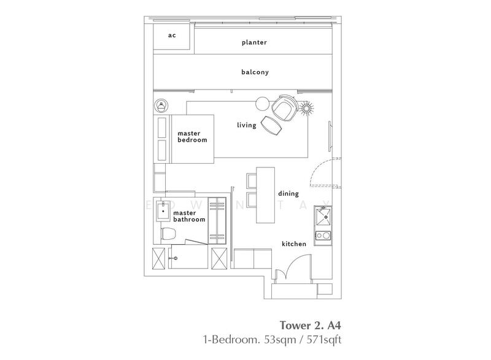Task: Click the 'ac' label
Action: pyautogui.click(x=172, y=36)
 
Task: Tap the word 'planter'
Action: pyautogui.click(x=254, y=42)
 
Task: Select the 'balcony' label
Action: pyautogui.click(x=255, y=72)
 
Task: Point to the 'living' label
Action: pyautogui.click(x=247, y=125)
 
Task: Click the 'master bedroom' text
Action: pyautogui.click(x=192, y=137)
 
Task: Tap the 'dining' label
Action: pyautogui.click(x=288, y=194)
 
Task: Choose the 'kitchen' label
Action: pyautogui.click(x=294, y=243)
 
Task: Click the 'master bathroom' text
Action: pyautogui.click(x=189, y=216)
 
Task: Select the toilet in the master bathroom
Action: pyautogui.click(x=168, y=234)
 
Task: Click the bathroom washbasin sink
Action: pyautogui.click(x=163, y=212)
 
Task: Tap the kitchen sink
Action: pyautogui.click(x=323, y=216)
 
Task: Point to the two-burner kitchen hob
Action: pyautogui.click(x=323, y=236)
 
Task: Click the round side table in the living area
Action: pyautogui.click(x=262, y=104)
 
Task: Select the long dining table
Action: pyautogui.click(x=266, y=195)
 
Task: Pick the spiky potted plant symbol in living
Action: pyautogui.click(x=306, y=108)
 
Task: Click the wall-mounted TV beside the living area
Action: pyautogui.click(x=330, y=136)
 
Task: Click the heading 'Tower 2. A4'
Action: pyautogui.click(x=311, y=325)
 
